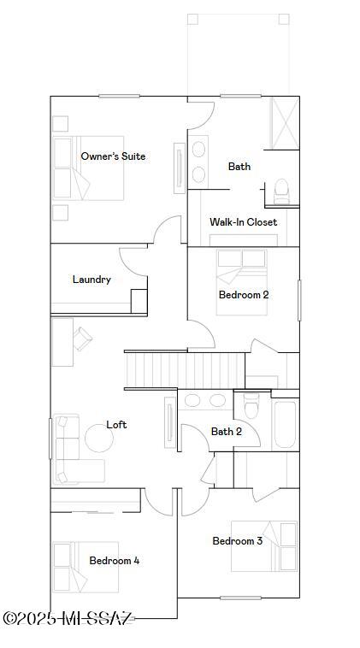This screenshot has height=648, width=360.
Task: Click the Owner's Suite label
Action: click(113, 156)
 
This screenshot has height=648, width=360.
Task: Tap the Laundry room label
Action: click(91, 280)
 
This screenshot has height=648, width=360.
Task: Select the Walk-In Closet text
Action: click(243, 222)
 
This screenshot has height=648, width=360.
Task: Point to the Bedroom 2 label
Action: click(244, 295)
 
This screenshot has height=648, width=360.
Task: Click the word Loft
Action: click(116, 424)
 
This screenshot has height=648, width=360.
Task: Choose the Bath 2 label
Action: click(226, 432)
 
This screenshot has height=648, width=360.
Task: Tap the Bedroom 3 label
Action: click(237, 540)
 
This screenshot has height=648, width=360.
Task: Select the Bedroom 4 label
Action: click(114, 561)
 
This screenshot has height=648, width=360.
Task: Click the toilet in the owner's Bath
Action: click(282, 191)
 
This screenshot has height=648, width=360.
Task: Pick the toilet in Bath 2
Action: click(251, 405)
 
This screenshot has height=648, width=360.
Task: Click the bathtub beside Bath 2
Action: click(286, 424)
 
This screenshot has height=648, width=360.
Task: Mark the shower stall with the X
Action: click(285, 123)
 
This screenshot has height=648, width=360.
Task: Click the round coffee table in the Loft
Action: click(99, 438)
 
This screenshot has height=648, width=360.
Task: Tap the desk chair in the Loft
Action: click(83, 339)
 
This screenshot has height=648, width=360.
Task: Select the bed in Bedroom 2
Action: click(242, 282)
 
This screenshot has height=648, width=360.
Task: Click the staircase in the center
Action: click(185, 370)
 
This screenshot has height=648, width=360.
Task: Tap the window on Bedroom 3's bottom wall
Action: click(240, 598)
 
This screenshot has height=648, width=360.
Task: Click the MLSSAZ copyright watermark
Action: click(68, 618)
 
